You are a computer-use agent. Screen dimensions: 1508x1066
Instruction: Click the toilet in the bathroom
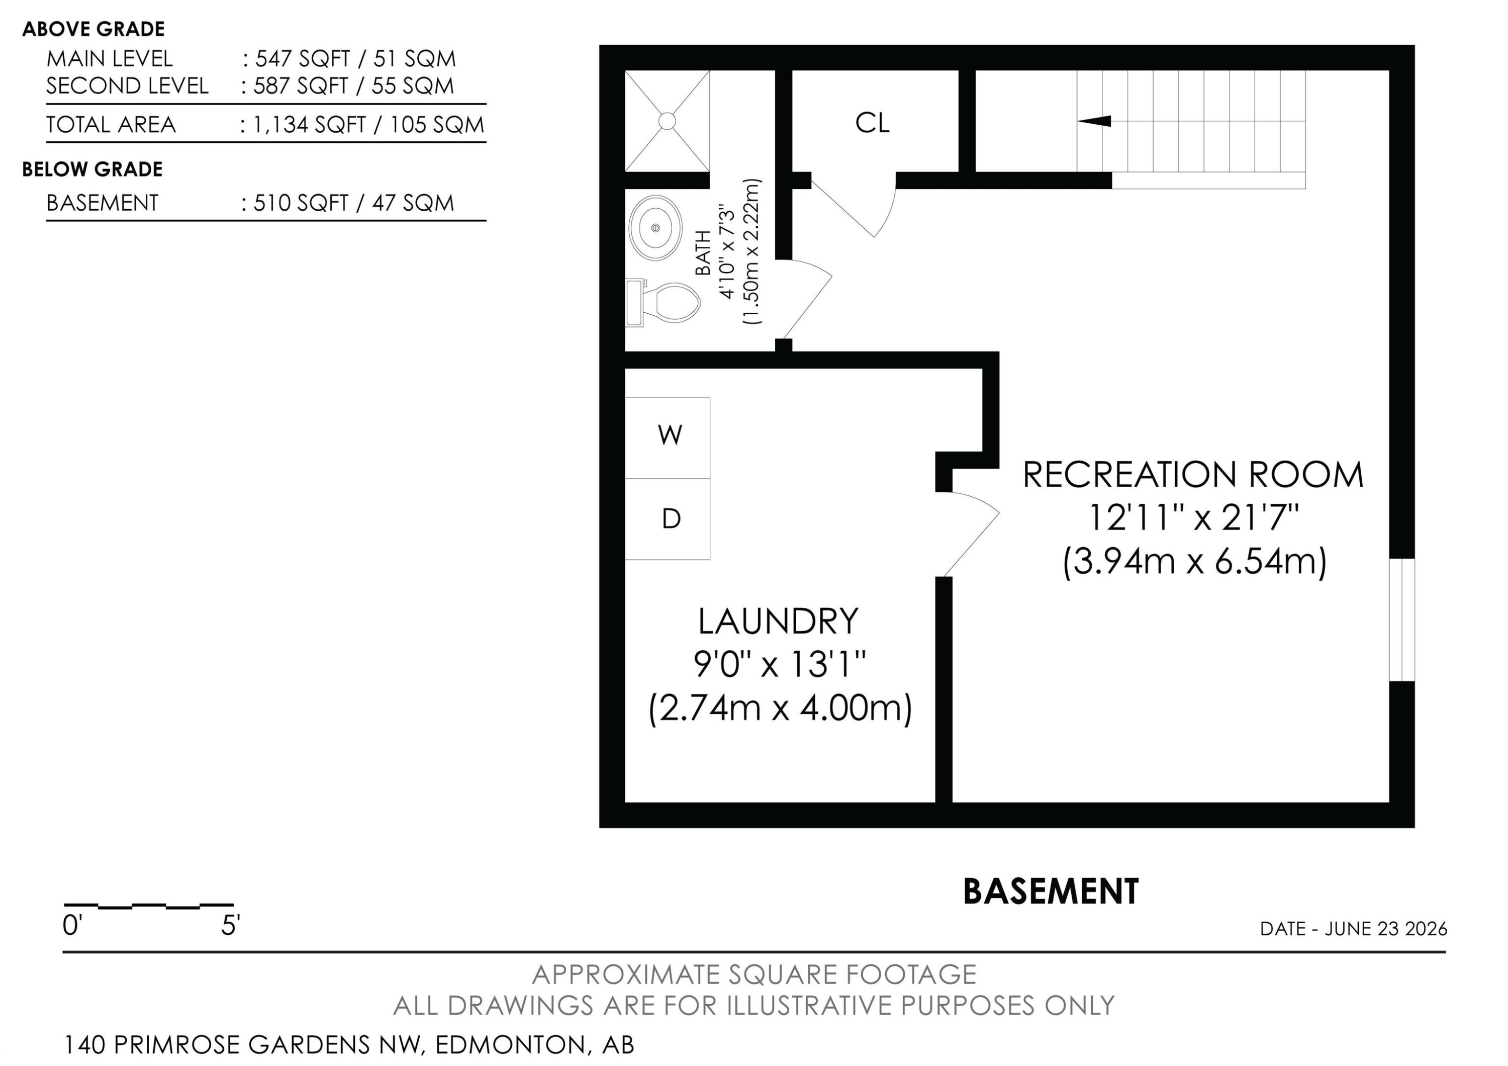pyautogui.click(x=664, y=303)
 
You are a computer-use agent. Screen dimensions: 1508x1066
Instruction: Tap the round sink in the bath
pyautogui.click(x=655, y=227)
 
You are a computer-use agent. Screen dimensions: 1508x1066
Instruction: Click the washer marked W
pyautogui.click(x=668, y=438)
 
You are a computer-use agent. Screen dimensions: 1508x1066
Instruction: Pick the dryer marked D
pyautogui.click(x=668, y=519)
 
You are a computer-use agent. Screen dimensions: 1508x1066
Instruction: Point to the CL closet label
pyautogui.click(x=872, y=123)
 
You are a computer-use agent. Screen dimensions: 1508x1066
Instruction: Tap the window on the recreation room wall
pyautogui.click(x=1401, y=620)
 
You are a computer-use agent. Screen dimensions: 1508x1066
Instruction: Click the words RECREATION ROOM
pyautogui.click(x=1193, y=475)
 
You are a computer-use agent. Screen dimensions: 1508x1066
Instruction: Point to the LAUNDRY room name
pyautogui.click(x=778, y=621)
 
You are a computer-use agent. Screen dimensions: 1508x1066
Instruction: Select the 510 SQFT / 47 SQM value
pyautogui.click(x=354, y=203)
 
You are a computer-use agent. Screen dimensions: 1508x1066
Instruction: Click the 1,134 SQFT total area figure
pyautogui.click(x=309, y=125)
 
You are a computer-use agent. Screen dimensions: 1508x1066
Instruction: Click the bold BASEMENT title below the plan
pyautogui.click(x=1051, y=892)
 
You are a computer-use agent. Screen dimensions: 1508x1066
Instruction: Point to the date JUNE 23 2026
pyautogui.click(x=1386, y=929)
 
